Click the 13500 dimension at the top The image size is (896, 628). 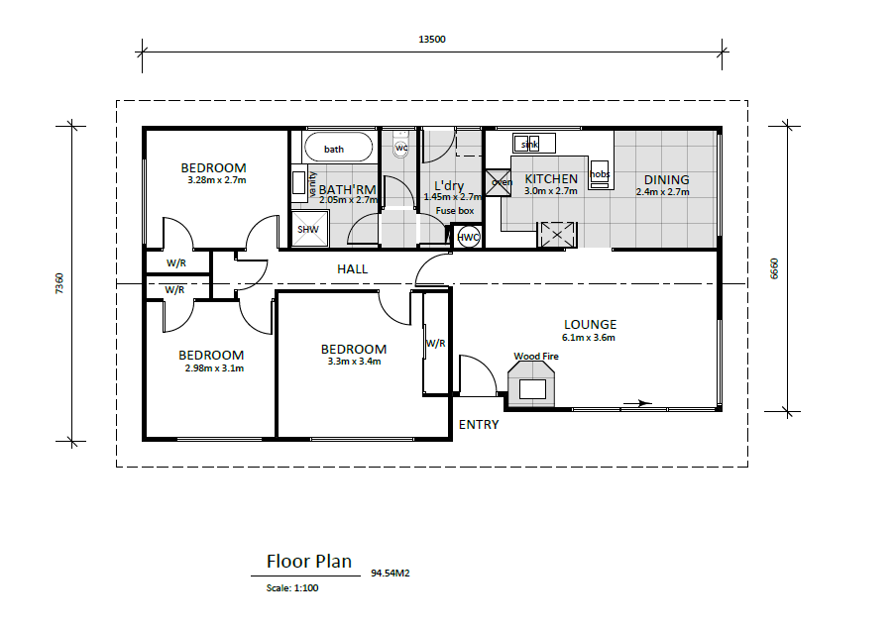click(432, 40)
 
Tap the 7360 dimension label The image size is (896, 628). click(59, 283)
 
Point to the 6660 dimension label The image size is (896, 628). click(774, 268)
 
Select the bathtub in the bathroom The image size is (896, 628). click(338, 148)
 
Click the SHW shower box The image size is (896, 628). click(309, 229)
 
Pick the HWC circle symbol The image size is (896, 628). click(469, 237)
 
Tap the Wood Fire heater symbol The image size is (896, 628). click(531, 386)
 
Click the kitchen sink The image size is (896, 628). click(533, 144)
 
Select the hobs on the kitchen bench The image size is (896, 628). click(600, 174)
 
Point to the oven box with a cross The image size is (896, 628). click(499, 182)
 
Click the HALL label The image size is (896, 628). click(353, 268)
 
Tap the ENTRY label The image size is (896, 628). click(479, 425)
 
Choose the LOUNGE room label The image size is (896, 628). click(591, 324)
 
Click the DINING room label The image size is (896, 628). click(666, 180)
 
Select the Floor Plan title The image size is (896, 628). click(309, 562)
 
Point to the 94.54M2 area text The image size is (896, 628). click(391, 574)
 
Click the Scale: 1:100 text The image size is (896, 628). click(292, 588)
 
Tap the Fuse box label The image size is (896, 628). click(455, 211)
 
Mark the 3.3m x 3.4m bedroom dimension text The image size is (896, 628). click(354, 361)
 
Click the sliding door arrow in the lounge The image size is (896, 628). click(637, 403)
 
